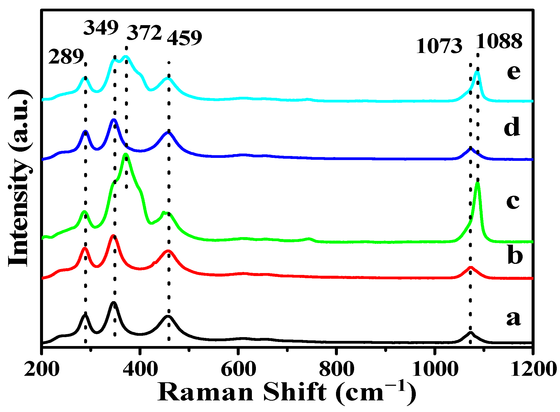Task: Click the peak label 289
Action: click(66, 57)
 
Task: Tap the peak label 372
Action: click(144, 33)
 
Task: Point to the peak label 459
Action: click(185, 38)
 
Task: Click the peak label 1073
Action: click(439, 46)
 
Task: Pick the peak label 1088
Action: click(499, 41)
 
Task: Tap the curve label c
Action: click(513, 201)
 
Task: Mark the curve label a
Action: click(513, 318)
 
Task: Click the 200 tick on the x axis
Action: click(42, 369)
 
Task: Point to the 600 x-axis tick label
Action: click(238, 369)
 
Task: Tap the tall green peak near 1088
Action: click(477, 184)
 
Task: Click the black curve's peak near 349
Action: click(114, 303)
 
